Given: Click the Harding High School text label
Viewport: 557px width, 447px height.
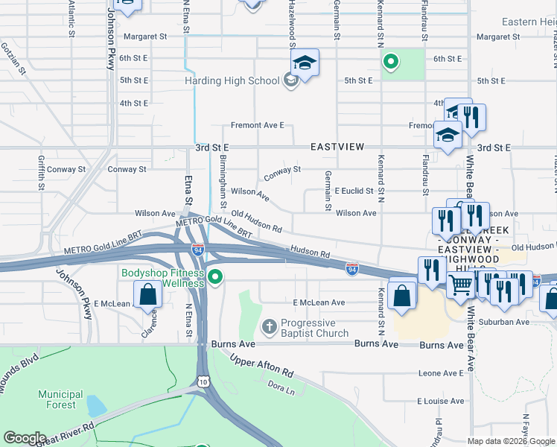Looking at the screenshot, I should click(232, 80).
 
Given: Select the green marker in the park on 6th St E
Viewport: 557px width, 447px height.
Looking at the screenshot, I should click(389, 61).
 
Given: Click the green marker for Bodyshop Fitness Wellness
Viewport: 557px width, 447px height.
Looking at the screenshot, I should click(216, 277).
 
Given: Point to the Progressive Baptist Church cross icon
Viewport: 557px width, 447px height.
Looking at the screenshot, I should click(269, 326).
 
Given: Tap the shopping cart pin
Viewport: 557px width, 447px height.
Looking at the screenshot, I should click(462, 283).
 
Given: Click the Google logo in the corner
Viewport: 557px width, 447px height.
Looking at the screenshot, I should click(25, 438).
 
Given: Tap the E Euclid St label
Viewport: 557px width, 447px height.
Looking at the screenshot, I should click(354, 191).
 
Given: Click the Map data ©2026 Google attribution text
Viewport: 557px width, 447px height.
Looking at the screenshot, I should click(510, 441).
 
